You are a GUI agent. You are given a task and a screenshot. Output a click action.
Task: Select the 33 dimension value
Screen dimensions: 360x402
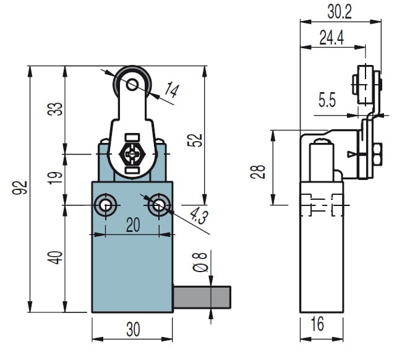pos(56,109)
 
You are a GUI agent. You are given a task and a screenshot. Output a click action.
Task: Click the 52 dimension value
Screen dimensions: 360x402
pos(195,140)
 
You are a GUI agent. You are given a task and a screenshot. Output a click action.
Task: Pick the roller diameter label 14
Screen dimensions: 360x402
pos(171,92)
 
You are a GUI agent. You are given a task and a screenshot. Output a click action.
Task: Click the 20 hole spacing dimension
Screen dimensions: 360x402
pos(132,226)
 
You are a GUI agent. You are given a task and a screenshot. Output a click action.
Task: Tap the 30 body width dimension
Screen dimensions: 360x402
pos(132,330)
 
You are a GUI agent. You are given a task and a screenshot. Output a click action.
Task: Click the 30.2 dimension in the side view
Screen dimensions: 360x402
pos(340,12)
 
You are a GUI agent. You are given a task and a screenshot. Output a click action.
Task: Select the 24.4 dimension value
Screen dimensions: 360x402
pos(331,38)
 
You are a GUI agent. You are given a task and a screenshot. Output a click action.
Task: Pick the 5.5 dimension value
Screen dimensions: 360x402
pos(327,100)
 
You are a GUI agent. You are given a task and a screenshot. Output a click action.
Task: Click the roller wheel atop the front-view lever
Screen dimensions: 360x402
pos(130,81)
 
